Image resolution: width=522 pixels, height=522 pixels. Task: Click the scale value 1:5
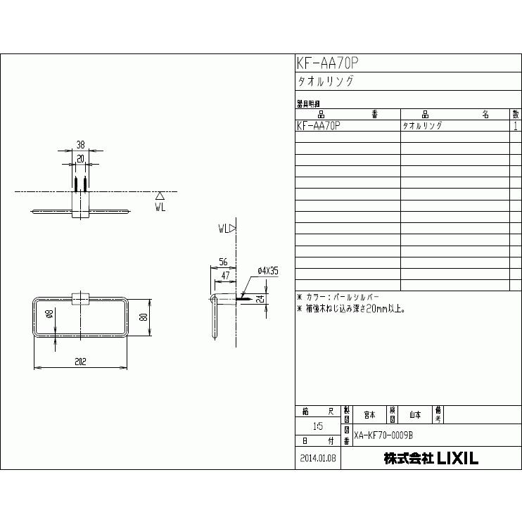318,426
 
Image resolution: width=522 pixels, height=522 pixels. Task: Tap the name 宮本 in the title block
369,414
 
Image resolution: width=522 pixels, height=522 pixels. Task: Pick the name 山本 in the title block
415,414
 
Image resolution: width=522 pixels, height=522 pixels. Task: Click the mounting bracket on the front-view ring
81,298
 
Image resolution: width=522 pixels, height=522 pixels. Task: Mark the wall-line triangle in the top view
160,196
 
